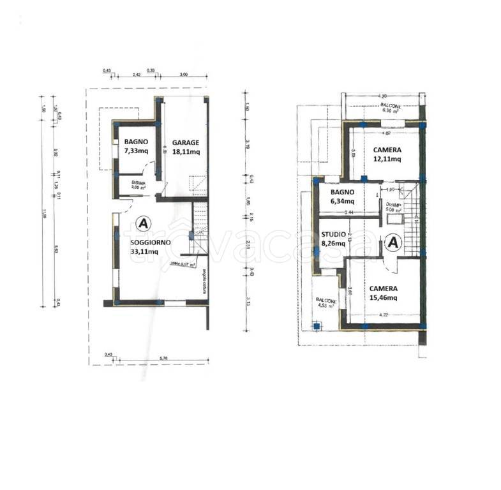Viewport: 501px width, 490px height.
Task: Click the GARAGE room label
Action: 185,142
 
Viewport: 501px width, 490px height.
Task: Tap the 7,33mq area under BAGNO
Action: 137,151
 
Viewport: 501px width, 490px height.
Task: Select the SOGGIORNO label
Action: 150,243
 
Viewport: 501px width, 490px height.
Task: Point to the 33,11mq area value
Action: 144,252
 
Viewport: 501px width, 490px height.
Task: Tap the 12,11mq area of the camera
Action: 387,160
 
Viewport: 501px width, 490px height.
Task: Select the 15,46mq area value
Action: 382,297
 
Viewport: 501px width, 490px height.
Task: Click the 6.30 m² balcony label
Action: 387,110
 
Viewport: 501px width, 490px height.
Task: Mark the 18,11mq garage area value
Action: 185,152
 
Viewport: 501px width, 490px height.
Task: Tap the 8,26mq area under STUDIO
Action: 333,243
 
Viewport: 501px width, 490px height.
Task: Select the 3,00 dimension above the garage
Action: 184,75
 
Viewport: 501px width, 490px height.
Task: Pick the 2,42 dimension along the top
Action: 136,75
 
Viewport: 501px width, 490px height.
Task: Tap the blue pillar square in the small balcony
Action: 315,327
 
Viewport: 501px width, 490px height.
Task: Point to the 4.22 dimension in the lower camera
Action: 384,315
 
